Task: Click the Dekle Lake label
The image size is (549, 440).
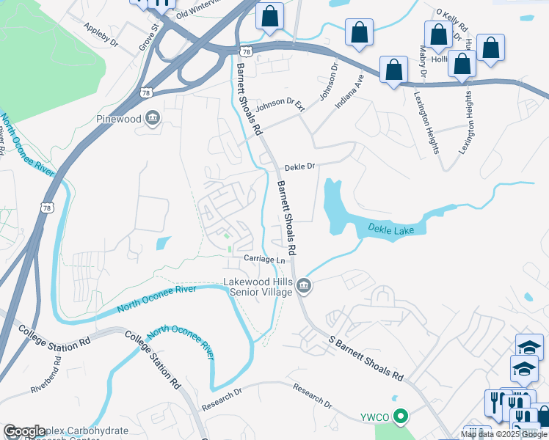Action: click(391, 230)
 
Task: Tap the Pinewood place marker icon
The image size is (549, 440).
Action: click(153, 118)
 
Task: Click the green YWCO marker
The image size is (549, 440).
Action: click(400, 417)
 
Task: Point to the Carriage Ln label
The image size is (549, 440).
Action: click(264, 260)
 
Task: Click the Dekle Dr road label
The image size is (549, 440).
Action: click(299, 166)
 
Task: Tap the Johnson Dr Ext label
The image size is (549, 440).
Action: click(279, 116)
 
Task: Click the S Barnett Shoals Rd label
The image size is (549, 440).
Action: click(366, 359)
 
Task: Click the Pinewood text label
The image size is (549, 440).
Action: click(117, 118)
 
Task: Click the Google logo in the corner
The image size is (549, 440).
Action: click(24, 432)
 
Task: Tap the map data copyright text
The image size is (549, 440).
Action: click(503, 434)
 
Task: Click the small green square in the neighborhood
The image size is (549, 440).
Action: click(227, 236)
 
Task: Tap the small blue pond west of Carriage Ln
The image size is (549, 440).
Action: click(164, 242)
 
